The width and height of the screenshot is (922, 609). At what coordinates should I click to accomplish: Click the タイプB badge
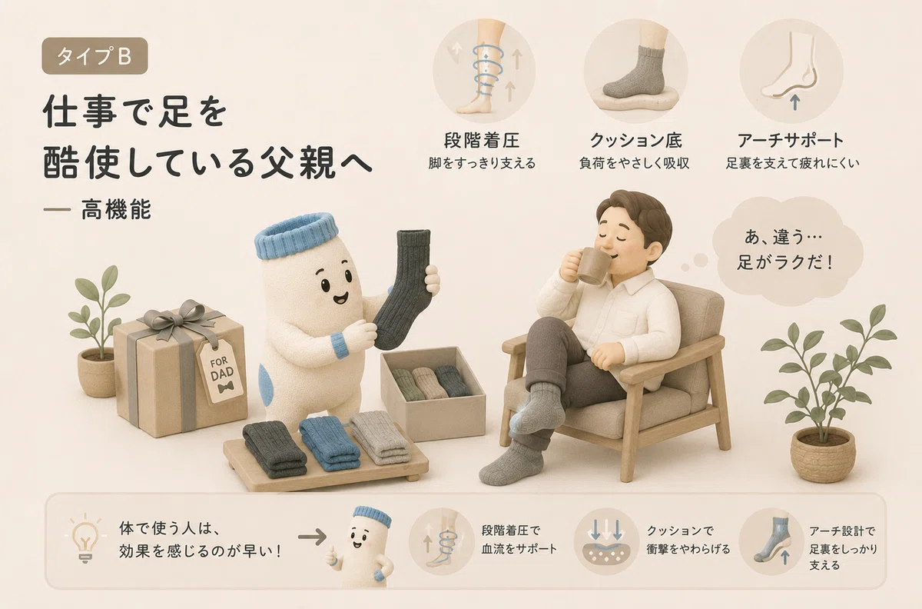pyautogui.click(x=95, y=56)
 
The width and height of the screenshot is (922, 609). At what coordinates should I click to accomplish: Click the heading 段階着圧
pyautogui.click(x=482, y=141)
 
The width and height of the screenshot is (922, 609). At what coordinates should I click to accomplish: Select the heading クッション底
pyautogui.click(x=636, y=141)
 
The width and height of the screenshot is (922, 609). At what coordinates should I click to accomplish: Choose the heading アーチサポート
pyautogui.click(x=791, y=141)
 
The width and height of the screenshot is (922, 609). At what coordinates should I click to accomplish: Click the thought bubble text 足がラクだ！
pyautogui.click(x=785, y=262)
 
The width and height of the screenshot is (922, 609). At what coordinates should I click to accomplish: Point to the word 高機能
pyautogui.click(x=116, y=209)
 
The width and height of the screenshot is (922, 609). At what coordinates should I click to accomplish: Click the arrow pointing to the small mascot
pyautogui.click(x=312, y=537)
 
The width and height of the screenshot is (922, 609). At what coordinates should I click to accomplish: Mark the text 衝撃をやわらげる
pyautogui.click(x=688, y=549)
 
